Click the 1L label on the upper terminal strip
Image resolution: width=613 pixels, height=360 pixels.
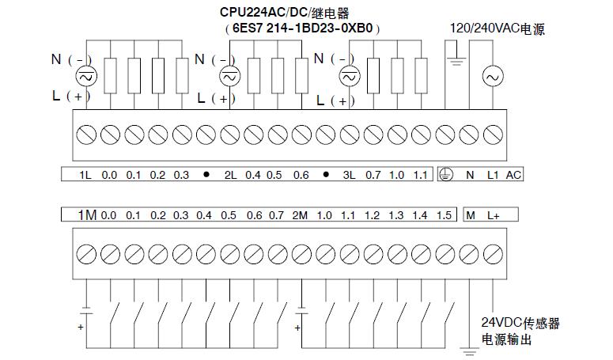pyautogui.click(x=85, y=175)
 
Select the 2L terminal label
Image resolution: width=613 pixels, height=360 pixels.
pyautogui.click(x=230, y=175)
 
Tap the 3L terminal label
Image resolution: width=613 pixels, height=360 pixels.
pyautogui.click(x=349, y=175)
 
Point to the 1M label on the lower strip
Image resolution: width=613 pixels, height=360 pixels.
pyautogui.click(x=86, y=215)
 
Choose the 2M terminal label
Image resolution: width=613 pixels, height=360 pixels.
pyautogui.click(x=300, y=215)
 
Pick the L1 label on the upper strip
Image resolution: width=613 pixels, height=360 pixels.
pyautogui.click(x=493, y=175)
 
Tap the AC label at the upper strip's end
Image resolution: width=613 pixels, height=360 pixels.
pyautogui.click(x=513, y=175)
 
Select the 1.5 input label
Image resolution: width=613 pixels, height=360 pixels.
pyautogui.click(x=444, y=215)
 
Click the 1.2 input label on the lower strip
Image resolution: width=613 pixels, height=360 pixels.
pyautogui.click(x=373, y=215)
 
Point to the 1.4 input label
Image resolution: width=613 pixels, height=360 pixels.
pyautogui.click(x=420, y=215)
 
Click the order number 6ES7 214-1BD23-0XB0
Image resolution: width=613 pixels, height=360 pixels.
pyautogui.click(x=302, y=28)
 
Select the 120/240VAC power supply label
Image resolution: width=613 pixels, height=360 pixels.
pyautogui.click(x=497, y=28)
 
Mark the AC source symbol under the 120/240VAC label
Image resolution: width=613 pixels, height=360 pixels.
pyautogui.click(x=493, y=77)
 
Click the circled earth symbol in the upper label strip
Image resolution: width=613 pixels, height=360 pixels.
pyautogui.click(x=446, y=175)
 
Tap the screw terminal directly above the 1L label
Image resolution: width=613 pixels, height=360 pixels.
pyautogui.click(x=85, y=134)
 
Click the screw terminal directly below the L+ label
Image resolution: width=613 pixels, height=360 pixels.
pyautogui.click(x=494, y=254)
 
